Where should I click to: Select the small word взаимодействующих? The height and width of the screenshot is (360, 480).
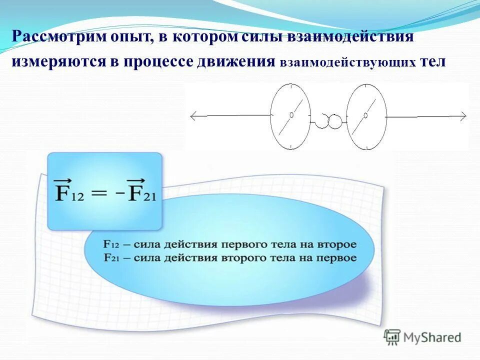coord(348,63)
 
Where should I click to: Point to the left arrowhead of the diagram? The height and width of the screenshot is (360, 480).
coord(192,116)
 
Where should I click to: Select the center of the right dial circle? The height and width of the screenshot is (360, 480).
coord(366,116)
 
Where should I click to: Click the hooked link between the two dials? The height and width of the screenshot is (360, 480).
coord(328,119)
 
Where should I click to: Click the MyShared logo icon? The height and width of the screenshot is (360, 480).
coord(392,337)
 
